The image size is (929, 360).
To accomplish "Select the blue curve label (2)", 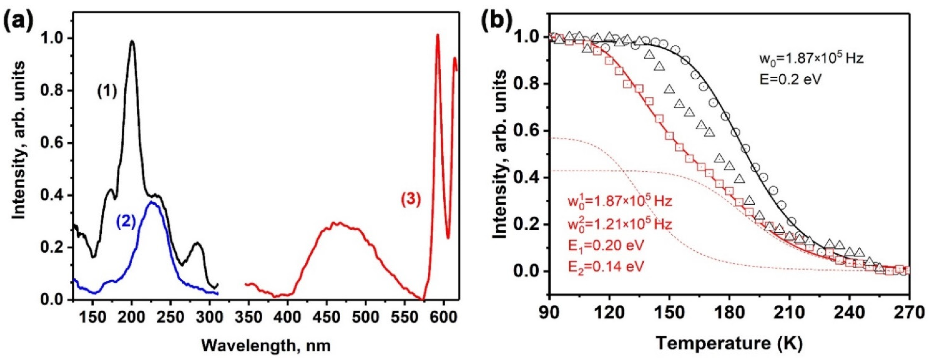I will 126,223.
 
